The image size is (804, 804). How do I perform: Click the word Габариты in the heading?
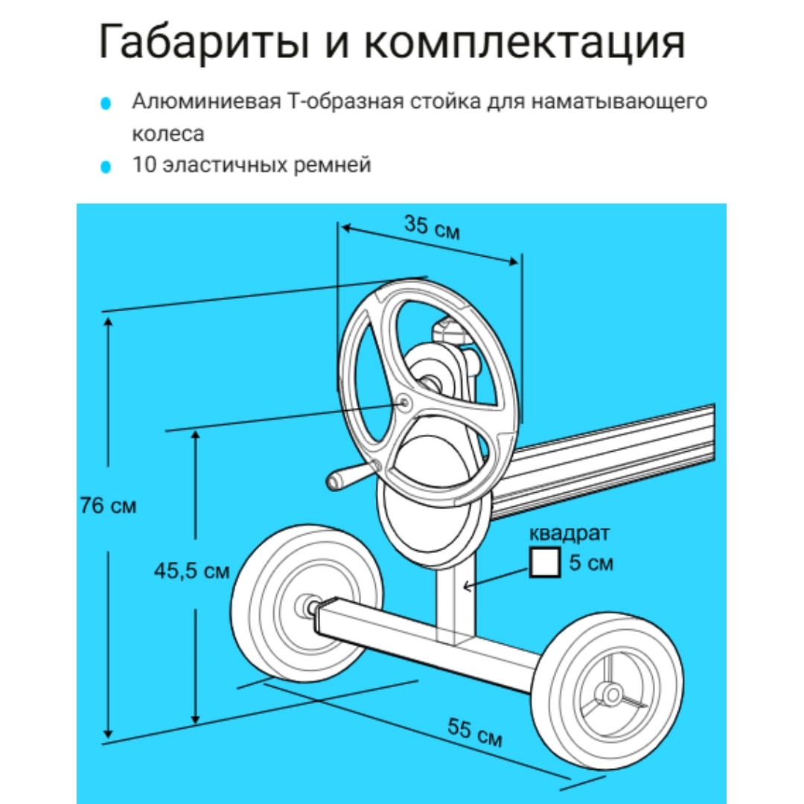click(x=205, y=42)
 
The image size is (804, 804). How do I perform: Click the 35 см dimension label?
click(x=432, y=228)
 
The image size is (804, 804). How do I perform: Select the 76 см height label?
click(x=108, y=505)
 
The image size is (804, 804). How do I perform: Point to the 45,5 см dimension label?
click(x=192, y=571)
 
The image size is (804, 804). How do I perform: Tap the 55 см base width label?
click(x=474, y=733)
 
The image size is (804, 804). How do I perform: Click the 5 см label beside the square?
click(x=590, y=563)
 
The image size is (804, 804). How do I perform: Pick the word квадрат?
click(x=569, y=534)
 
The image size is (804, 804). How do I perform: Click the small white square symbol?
click(x=544, y=563)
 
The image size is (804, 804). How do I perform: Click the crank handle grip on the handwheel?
click(x=340, y=477)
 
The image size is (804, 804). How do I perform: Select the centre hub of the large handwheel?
click(x=404, y=403)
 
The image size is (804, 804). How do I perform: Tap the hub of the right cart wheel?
click(x=612, y=695)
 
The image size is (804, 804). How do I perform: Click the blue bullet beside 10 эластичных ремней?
click(x=106, y=167)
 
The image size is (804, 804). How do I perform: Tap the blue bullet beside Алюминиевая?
click(x=106, y=103)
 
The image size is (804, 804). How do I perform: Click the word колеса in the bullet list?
click(x=168, y=134)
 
